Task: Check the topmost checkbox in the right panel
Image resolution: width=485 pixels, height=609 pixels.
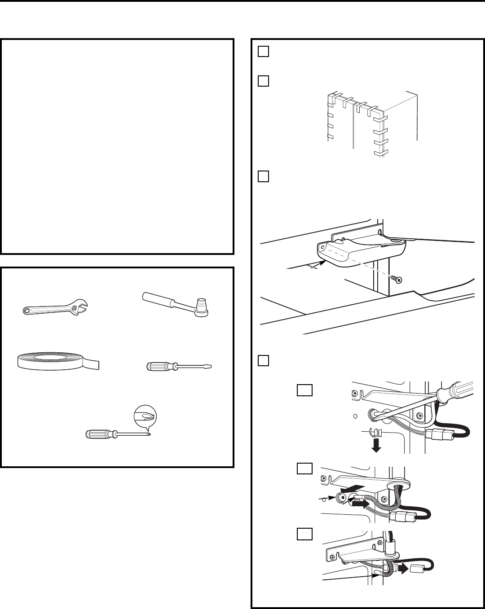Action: [263, 52]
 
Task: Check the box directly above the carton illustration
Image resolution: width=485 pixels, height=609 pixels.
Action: [263, 81]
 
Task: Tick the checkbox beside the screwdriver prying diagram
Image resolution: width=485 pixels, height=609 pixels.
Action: [304, 390]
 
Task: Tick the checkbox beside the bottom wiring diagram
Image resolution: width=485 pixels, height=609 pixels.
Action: [304, 534]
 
